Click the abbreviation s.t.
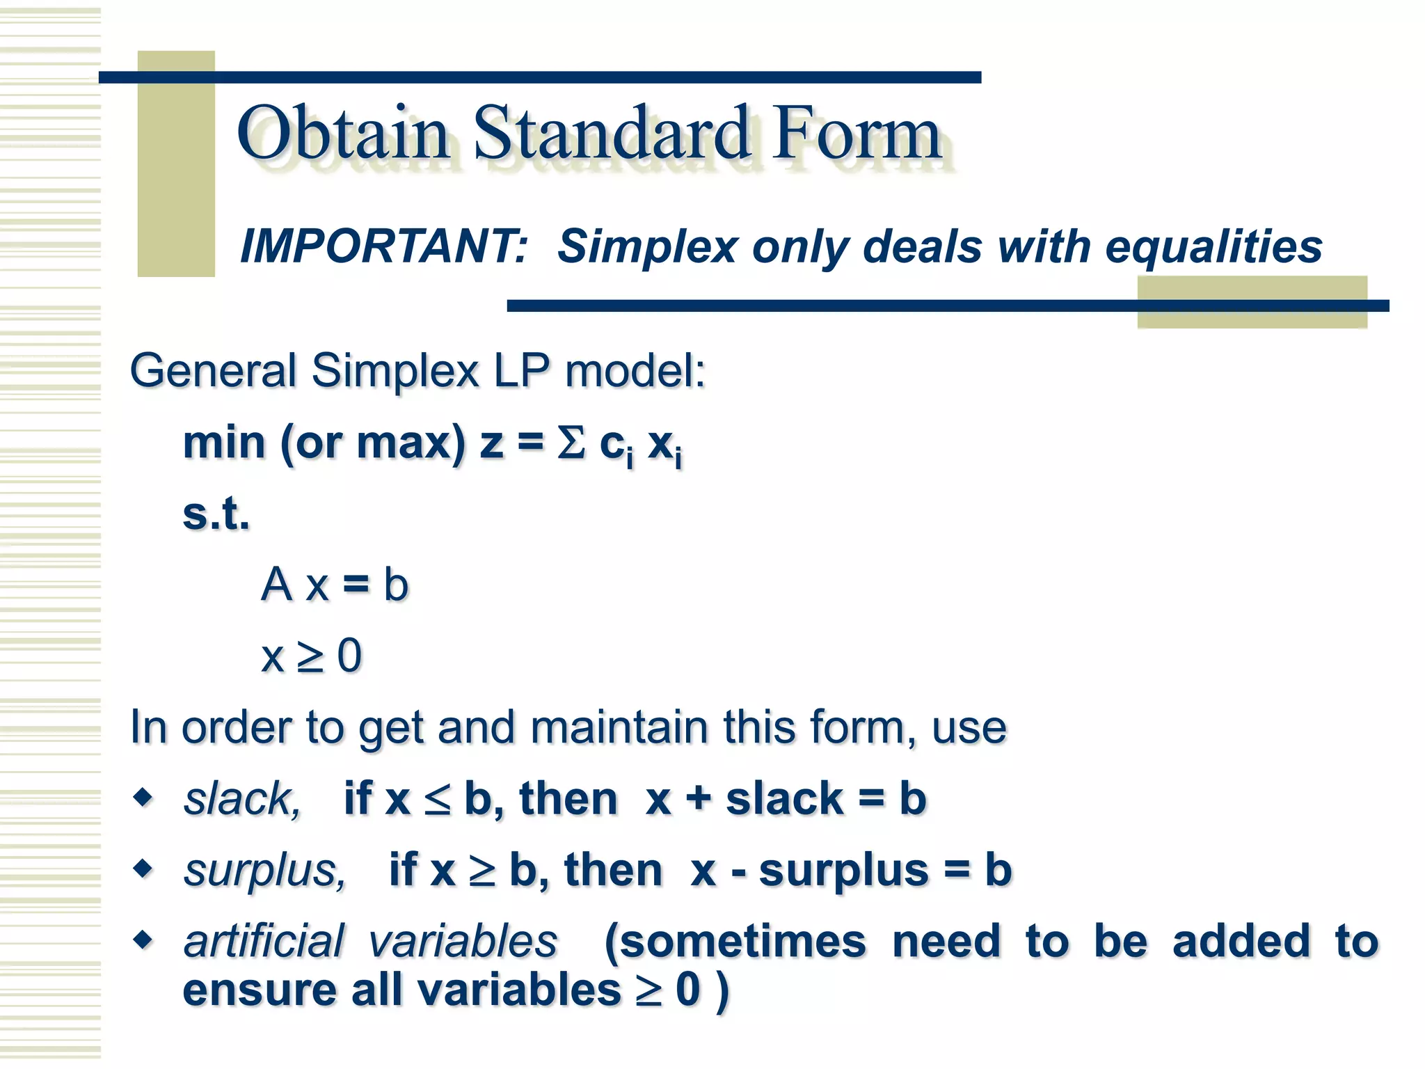coord(216,514)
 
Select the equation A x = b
coord(335,585)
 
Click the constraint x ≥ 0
coord(311,656)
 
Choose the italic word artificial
coord(264,942)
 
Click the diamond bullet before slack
coord(143,796)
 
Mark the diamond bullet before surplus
coord(143,868)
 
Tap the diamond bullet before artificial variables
coord(143,940)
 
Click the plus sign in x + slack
coord(698,798)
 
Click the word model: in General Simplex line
coord(635,370)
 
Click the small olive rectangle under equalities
coord(1252,302)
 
